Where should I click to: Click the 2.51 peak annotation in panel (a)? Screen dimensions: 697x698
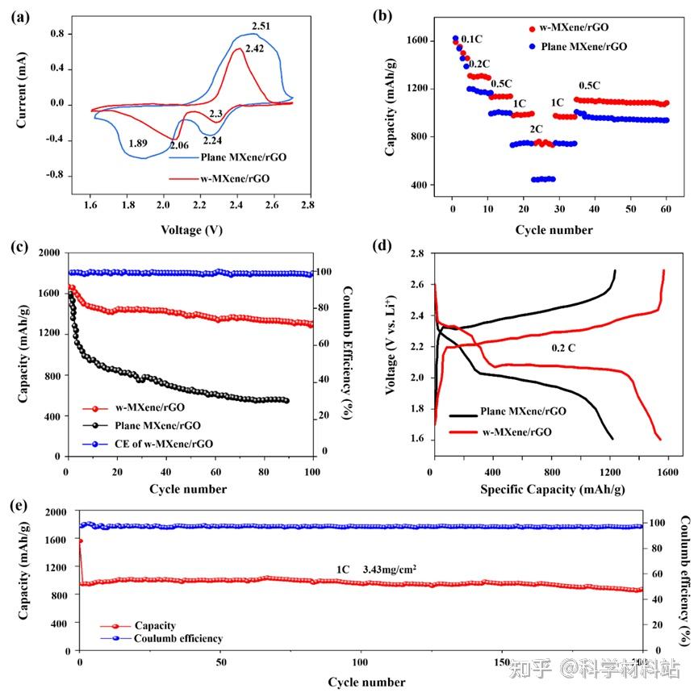261,27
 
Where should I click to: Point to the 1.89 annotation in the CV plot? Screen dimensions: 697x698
138,143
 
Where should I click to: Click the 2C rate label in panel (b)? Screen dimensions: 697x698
537,129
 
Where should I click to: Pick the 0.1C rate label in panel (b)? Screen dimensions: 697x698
472,39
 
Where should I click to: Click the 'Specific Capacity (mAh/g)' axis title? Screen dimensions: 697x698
552,489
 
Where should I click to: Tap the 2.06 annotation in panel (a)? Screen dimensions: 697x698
180,145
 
